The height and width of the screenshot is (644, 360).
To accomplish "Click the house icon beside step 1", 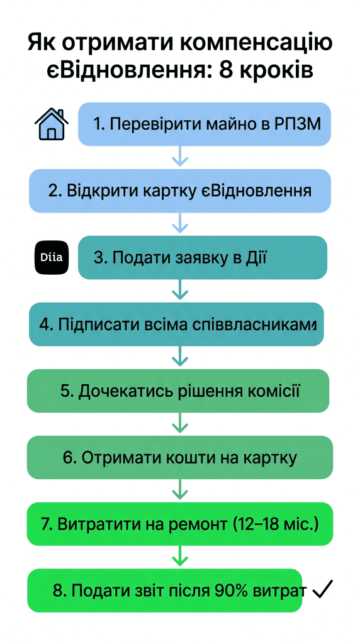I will pos(50,124).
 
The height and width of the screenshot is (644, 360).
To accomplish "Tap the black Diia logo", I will pos(51,257).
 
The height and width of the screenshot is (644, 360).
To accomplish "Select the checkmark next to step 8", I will pos(322,589).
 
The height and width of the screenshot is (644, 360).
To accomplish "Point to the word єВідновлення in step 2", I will pos(264,191).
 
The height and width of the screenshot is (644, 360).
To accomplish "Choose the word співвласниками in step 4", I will pos(271,325).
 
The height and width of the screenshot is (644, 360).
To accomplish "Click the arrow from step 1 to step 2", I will pos(181,157).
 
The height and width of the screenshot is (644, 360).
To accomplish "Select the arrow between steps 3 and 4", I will pos(181,290).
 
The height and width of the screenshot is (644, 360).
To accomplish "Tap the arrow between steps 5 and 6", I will pos(181,423).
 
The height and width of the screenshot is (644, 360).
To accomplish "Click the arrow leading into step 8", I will pos(181,557).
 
